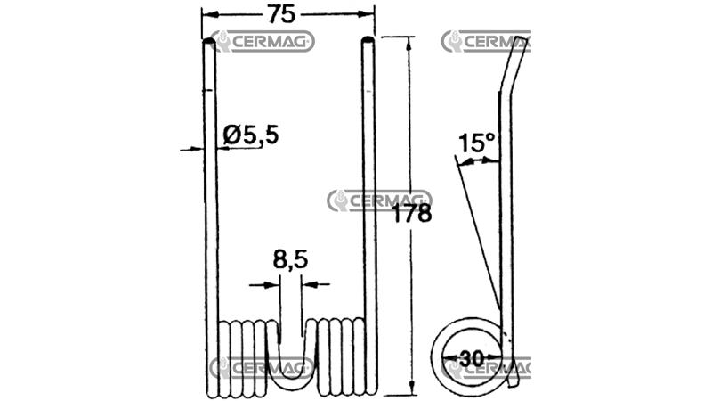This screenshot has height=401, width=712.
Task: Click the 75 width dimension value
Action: [x=281, y=14]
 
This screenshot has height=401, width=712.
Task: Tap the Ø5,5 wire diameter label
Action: [x=251, y=135]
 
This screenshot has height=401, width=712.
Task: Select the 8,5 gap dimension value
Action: [x=291, y=259]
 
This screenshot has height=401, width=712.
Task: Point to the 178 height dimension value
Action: [x=411, y=213]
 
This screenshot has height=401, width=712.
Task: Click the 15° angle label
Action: [x=476, y=143]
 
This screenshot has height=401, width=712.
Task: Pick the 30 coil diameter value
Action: [x=472, y=359]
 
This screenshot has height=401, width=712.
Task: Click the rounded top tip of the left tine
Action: [x=209, y=42]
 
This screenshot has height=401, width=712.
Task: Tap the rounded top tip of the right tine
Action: [x=368, y=41]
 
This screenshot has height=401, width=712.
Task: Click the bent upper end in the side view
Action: [x=514, y=66]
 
